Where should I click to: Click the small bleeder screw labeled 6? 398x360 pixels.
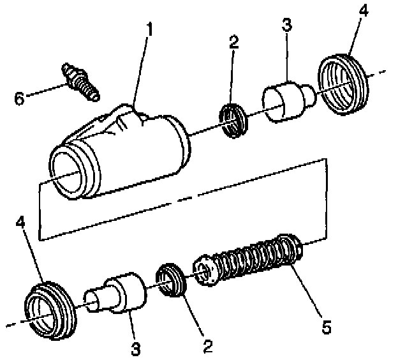point(79,82)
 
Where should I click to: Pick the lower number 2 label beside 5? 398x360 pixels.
point(207,347)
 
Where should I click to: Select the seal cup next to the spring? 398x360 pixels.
point(172,280)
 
